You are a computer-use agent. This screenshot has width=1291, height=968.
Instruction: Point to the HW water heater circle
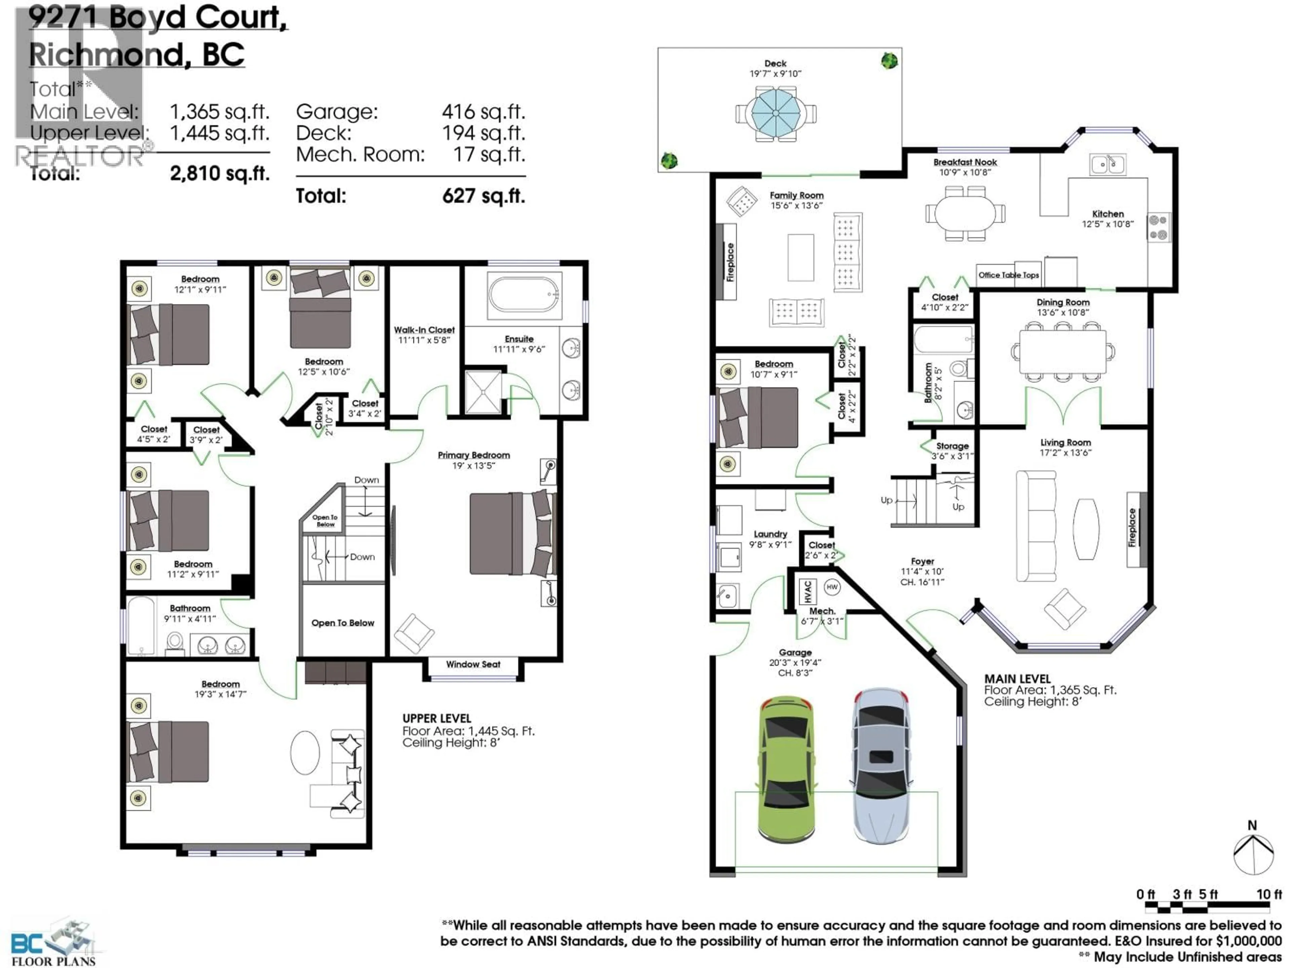click(832, 587)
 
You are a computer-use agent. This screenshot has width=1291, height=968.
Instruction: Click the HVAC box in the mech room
click(808, 592)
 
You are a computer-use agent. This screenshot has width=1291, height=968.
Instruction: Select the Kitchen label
click(1107, 214)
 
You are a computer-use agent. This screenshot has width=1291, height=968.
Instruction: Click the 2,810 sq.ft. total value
click(220, 173)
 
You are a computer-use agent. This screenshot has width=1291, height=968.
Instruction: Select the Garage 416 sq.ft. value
click(483, 112)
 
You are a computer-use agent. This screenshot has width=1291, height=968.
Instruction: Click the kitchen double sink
click(1107, 165)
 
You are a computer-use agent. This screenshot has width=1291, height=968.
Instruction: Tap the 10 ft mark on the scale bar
click(1268, 894)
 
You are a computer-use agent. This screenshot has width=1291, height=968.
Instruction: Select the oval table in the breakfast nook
click(965, 213)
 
